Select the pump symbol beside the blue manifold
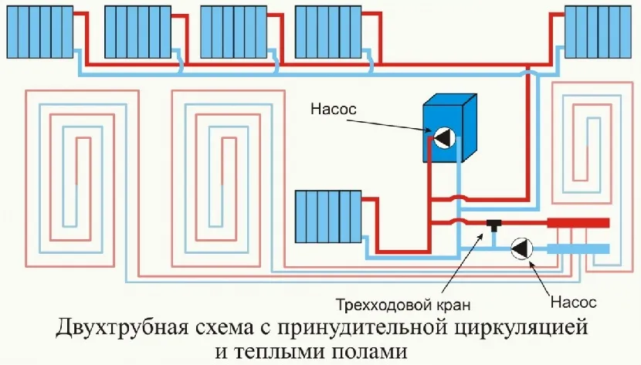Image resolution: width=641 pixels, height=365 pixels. tap(522, 248)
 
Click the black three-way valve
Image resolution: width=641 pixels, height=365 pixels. tap(493, 225)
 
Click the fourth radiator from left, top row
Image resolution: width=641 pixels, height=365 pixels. tap(323, 28)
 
